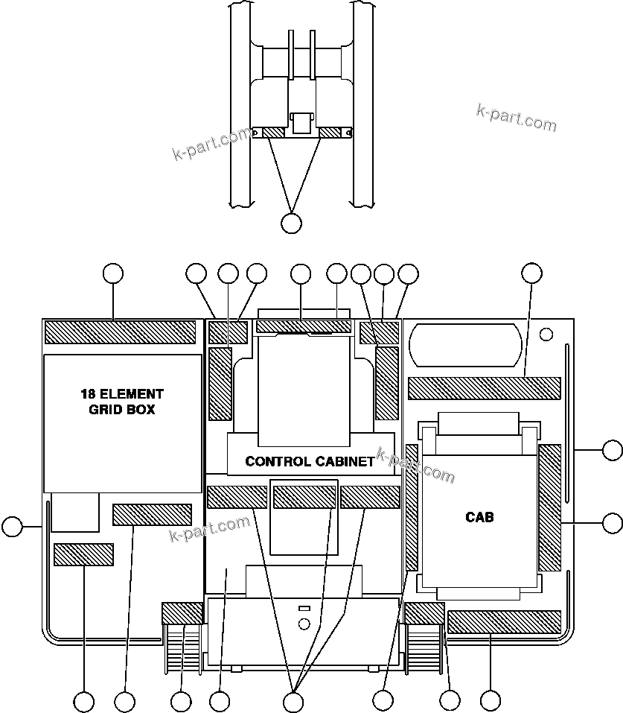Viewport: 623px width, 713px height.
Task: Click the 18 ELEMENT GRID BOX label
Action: point(122,402)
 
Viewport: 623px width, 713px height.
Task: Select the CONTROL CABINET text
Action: point(310,461)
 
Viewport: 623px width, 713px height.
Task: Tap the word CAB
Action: point(479,516)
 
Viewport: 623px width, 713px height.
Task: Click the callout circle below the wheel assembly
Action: point(292,222)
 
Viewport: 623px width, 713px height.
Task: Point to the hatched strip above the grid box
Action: point(121,332)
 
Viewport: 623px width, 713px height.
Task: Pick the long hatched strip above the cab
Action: point(484,388)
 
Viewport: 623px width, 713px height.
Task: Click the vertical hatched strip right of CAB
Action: point(549,507)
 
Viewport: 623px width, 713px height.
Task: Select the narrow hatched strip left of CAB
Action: point(412,507)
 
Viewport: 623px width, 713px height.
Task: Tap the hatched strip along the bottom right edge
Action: point(504,621)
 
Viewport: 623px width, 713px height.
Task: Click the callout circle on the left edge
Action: point(12,527)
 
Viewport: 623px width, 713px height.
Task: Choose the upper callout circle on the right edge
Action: point(612,450)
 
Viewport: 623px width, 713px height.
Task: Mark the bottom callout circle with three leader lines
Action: point(293,701)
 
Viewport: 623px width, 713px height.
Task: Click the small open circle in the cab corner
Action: point(546,332)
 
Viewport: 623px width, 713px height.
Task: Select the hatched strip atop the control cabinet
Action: point(303,326)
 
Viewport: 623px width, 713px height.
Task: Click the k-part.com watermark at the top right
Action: point(516,117)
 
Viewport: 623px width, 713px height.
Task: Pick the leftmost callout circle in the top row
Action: point(112,273)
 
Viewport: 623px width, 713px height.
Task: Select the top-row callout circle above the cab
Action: point(531,273)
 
